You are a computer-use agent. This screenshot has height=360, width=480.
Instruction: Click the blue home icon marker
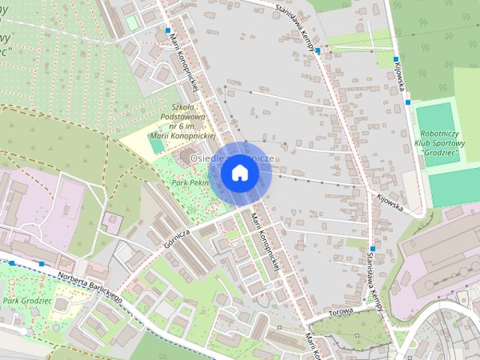coord(239,173)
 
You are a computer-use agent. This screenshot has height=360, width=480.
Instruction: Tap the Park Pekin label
coord(189,182)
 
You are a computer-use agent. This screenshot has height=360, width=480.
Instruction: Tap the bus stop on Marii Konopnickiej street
coord(167,31)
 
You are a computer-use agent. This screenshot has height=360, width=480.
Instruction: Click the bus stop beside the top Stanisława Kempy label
coord(318,51)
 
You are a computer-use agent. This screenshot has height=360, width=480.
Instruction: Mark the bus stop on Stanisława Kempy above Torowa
coord(372,248)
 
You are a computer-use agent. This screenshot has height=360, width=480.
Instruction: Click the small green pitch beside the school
coord(157,146)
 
